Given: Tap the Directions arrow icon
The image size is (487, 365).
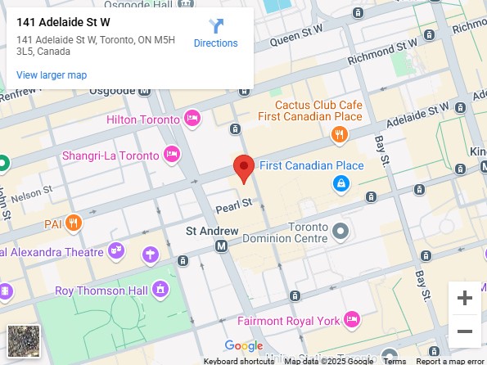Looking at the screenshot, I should click(216, 25).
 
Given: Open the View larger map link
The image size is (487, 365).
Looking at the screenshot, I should click(52, 75).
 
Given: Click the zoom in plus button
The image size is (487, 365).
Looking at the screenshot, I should click(465, 298).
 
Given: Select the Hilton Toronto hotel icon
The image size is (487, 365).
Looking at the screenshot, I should click(193, 119).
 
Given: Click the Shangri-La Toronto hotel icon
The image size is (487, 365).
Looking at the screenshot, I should click(172, 154).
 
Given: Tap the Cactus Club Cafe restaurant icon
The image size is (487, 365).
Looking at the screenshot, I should click(338, 134).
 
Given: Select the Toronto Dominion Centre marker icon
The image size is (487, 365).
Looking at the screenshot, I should click(341, 231).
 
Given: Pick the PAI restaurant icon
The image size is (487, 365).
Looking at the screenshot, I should click(74, 222).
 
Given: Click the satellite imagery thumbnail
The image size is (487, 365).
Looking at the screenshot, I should click(23, 340).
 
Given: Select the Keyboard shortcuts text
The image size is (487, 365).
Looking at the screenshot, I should click(239, 361).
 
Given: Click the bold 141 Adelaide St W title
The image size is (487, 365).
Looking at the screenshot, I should click(63, 22).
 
